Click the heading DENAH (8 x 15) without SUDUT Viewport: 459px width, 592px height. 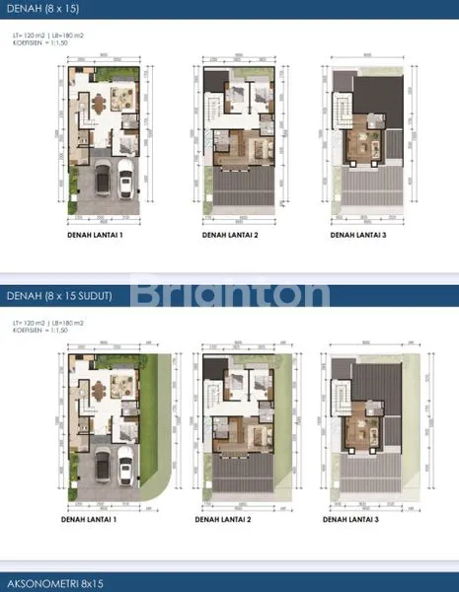(x=44, y=9)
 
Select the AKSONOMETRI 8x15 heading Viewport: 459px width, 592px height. (x=53, y=583)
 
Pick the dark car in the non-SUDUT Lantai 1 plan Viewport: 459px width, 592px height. (x=102, y=185)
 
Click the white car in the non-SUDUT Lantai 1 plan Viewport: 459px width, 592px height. (x=125, y=183)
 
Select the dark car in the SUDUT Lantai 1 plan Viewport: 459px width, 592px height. (x=102, y=468)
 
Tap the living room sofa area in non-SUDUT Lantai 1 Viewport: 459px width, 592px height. (x=124, y=99)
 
